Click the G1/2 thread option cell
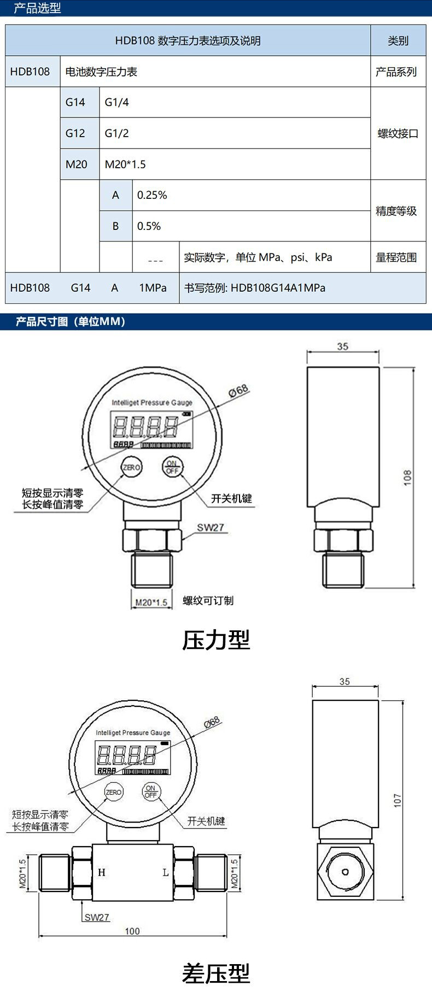[x=235, y=133]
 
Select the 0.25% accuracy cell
[x=251, y=195]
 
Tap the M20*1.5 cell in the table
[x=235, y=164]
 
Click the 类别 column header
[x=398, y=40]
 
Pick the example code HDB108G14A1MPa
[x=278, y=288]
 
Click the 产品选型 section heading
[x=37, y=8]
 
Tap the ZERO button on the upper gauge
[x=131, y=467]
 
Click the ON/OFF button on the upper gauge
[x=172, y=467]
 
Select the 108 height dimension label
[x=407, y=477]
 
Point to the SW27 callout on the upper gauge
[x=211, y=528]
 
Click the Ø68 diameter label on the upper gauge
[x=238, y=391]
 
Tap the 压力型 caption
[x=216, y=640]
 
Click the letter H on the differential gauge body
[x=102, y=872]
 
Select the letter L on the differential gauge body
[x=165, y=872]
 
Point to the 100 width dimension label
[x=132, y=931]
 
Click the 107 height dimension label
[x=398, y=800]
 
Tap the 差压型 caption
[x=216, y=973]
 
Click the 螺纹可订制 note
[x=208, y=601]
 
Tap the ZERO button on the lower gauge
[x=114, y=792]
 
